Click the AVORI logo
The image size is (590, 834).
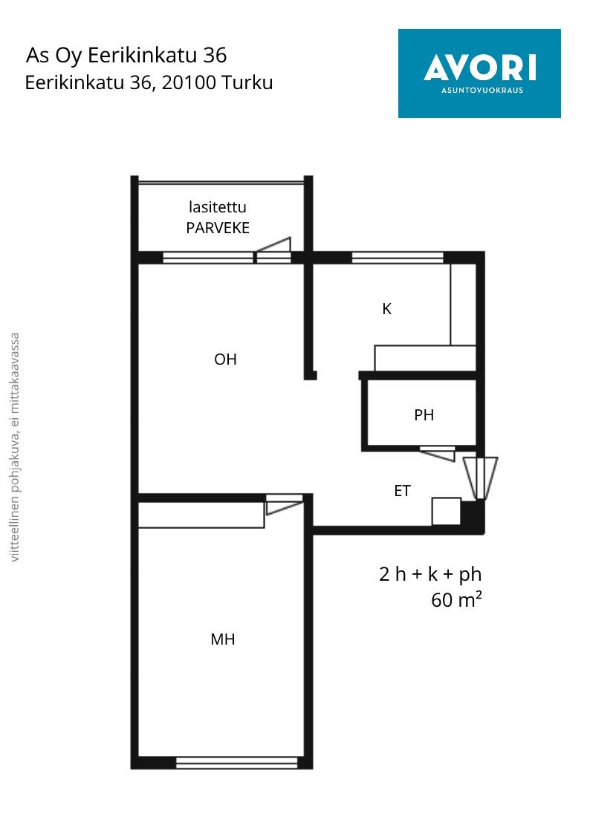[x=479, y=74]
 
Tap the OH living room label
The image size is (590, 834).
[x=225, y=359]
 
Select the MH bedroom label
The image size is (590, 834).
[x=223, y=639]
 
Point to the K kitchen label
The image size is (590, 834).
[x=387, y=308]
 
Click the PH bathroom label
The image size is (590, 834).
[x=424, y=415]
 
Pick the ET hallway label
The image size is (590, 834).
[x=402, y=490]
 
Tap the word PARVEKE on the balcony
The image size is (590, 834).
[x=218, y=228]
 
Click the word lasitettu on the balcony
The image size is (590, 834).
[x=218, y=207]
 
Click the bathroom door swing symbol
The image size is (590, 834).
[x=438, y=454]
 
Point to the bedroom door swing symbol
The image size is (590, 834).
[x=285, y=504]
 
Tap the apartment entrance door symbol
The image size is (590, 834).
[x=481, y=478]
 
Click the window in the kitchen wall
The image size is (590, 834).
[x=398, y=258]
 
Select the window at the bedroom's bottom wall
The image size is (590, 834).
[x=237, y=763]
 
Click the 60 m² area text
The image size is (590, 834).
[x=456, y=599]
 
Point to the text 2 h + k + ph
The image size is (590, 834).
[x=430, y=574]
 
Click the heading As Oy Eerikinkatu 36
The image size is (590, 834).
[x=126, y=55]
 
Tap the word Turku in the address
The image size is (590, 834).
[x=247, y=82]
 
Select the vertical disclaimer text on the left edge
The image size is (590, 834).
[x=15, y=447]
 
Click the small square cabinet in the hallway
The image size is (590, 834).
[x=446, y=511]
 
